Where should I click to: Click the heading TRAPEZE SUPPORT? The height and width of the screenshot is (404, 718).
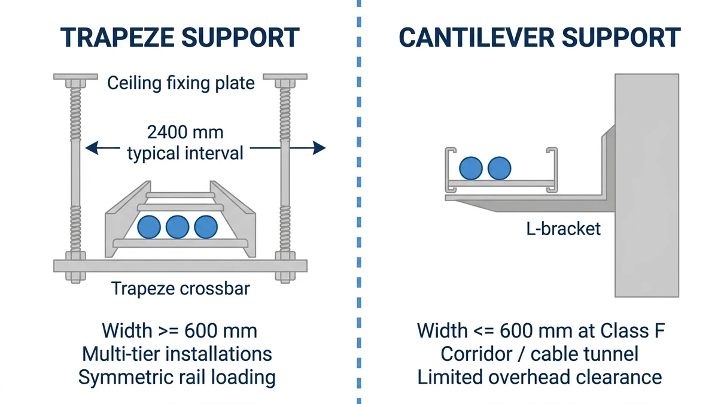(180, 38)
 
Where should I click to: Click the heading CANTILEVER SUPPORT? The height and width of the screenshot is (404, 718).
(539, 38)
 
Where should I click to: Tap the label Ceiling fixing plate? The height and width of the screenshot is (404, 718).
(181, 83)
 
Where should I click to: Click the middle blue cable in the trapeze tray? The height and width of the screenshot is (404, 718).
(177, 227)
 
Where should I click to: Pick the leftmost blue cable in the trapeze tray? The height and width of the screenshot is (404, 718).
(149, 227)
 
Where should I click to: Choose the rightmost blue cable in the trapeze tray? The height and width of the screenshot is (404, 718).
(206, 227)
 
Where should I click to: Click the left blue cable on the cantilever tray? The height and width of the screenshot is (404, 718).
(471, 168)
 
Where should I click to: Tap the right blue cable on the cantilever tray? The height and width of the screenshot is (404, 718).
(499, 168)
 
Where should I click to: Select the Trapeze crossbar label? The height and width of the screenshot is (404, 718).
(180, 289)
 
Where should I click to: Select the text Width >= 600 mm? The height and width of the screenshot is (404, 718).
(180, 330)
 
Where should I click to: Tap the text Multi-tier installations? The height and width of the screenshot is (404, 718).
(177, 354)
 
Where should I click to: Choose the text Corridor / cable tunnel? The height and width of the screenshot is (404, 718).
(539, 354)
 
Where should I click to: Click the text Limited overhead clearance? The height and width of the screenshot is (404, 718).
(539, 377)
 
